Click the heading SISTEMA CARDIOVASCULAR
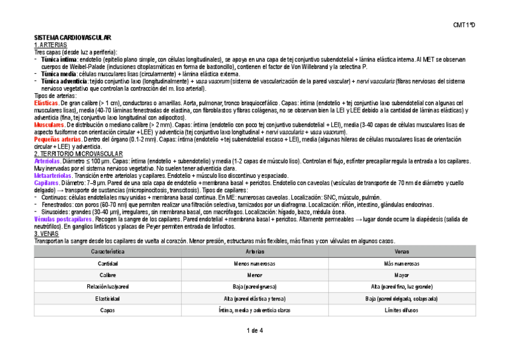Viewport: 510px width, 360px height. click(x=73, y=38)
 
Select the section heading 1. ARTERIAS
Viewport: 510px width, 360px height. click(x=51, y=45)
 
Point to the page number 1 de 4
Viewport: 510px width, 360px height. click(x=254, y=330)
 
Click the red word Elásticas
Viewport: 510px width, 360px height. click(x=47, y=103)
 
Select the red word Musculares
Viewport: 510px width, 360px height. click(x=49, y=124)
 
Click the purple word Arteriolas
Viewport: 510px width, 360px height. click(x=48, y=161)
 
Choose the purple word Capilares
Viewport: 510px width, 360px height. click(x=46, y=182)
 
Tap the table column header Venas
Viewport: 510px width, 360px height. click(x=402, y=251)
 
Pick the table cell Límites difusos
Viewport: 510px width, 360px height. click(x=402, y=310)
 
